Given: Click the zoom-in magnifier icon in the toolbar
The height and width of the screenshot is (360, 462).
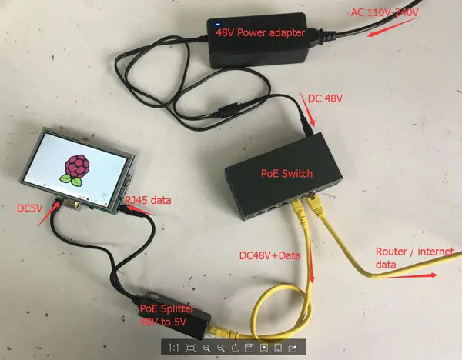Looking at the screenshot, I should [x=207, y=348].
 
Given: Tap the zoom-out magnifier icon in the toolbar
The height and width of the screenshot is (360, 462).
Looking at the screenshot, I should [x=221, y=348].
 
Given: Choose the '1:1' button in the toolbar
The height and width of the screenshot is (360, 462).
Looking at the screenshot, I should [x=175, y=348].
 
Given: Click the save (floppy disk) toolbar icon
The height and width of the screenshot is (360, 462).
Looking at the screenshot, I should [x=249, y=348].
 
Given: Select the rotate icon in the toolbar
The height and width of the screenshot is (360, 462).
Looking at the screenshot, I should [x=235, y=348].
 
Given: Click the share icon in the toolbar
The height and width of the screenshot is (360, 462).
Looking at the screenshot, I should [x=293, y=348].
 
